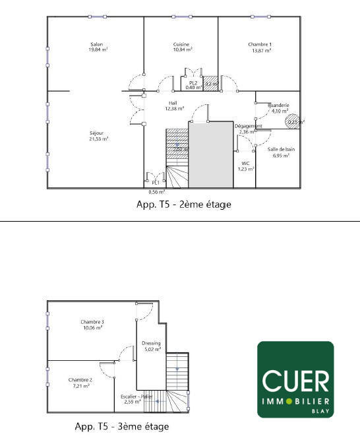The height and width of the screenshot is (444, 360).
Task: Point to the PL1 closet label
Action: click(x=156, y=183)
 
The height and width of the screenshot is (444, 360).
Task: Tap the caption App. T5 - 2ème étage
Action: click(x=183, y=205)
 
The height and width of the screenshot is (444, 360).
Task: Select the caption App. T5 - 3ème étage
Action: click(x=121, y=426)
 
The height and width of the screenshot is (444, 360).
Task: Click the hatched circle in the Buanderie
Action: click(x=294, y=121)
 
